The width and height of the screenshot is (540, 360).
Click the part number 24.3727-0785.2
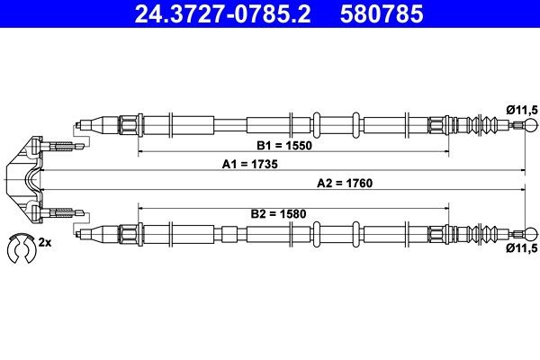213,14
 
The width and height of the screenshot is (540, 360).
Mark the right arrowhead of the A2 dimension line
525,190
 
